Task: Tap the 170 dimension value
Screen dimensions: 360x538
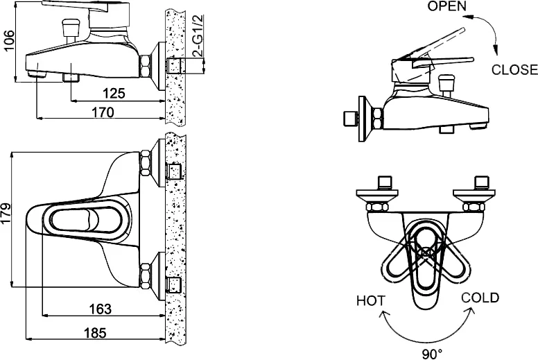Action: pos(103,112)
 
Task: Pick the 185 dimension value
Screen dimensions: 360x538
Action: pos(94,333)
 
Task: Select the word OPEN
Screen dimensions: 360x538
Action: pos(446,7)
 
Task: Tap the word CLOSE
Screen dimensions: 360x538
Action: pos(514,69)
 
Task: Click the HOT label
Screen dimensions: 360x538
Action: pos(372,300)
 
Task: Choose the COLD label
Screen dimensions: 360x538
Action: pos(480,298)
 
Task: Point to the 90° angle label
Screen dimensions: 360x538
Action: pos(431,354)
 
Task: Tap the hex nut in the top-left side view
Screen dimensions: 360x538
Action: pos(146,67)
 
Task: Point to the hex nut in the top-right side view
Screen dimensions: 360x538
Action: pos(378,118)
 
